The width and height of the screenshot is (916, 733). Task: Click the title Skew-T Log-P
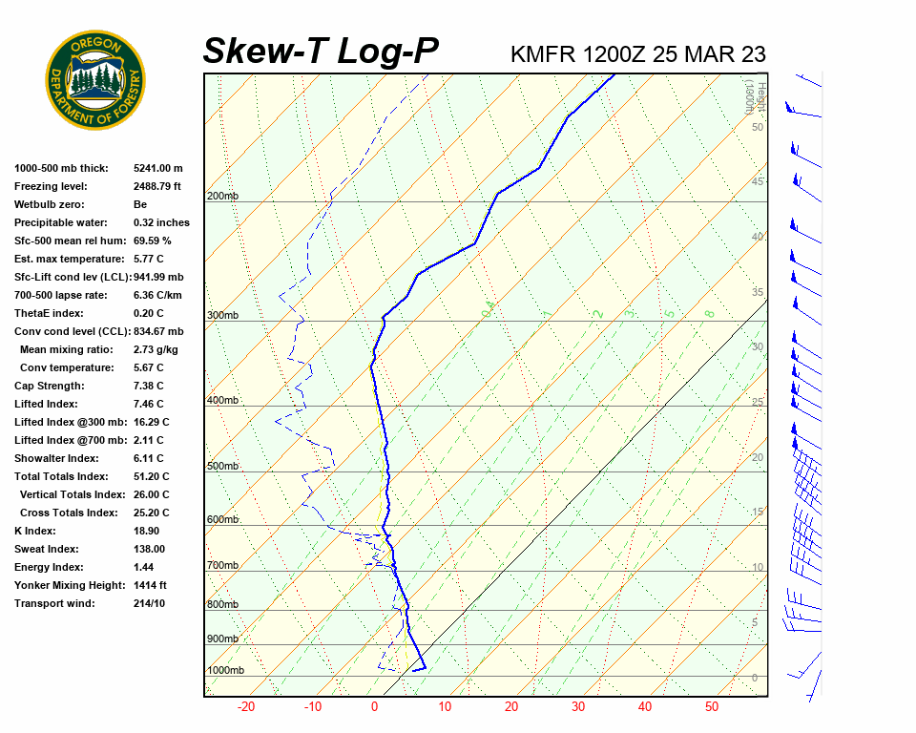[x=321, y=52]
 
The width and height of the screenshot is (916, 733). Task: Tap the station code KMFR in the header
[x=543, y=54]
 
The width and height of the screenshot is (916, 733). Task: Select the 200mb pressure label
[x=222, y=197]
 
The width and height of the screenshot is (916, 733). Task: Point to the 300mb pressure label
[x=222, y=316]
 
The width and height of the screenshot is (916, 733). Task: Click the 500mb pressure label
[x=222, y=467]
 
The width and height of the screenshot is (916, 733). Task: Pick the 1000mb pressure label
[x=225, y=671]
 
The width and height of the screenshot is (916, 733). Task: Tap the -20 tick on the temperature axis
[x=246, y=707]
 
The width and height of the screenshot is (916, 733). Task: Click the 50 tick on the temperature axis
[x=712, y=707]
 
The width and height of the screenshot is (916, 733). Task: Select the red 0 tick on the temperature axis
[x=374, y=707]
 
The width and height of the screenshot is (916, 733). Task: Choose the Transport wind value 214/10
[x=150, y=603]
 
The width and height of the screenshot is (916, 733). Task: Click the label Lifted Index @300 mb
[x=66, y=422]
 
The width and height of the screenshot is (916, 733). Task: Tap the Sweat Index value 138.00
[x=150, y=549]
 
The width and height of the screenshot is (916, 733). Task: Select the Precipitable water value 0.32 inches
[x=161, y=222]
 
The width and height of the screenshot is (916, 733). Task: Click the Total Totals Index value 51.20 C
[x=152, y=476]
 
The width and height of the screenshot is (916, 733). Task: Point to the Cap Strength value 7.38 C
[x=148, y=386]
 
